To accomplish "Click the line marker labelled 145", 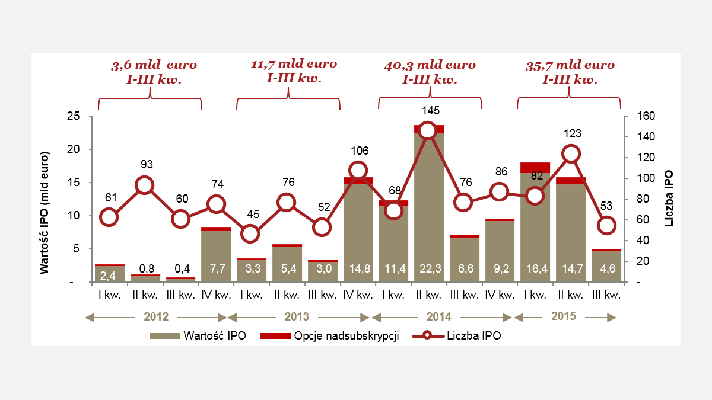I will coord(428,131).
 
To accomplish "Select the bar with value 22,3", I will coord(428,207).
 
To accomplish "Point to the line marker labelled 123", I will coord(571,154).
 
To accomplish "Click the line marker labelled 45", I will coord(251,233).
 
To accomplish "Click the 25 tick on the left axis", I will coord(74,117).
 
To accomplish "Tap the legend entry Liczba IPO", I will coord(467,336).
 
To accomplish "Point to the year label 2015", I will coord(564,316).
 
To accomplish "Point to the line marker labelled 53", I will coord(606,225).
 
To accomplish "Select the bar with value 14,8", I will coord(358,231).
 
